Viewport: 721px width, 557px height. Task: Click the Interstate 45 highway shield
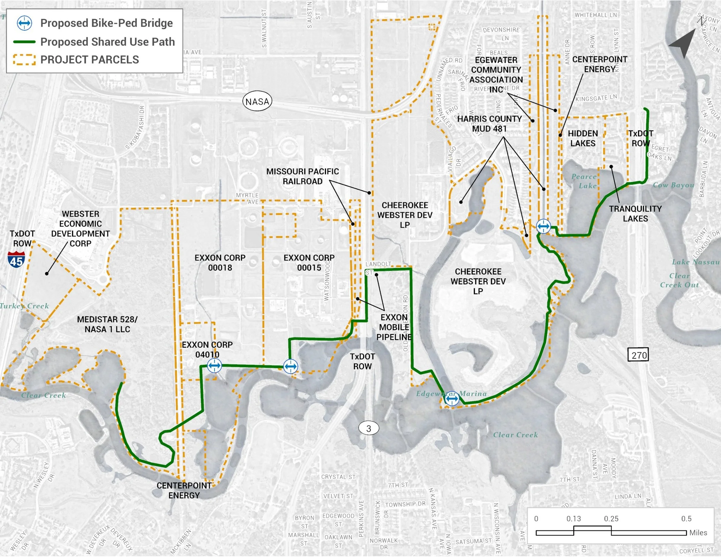[16, 259]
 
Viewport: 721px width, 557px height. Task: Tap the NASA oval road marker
[257, 101]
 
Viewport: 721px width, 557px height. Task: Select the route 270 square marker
[639, 355]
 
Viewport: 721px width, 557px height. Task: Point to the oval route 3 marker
[369, 429]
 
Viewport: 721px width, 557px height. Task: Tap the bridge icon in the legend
[24, 23]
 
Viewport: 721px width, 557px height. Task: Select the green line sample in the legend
[24, 42]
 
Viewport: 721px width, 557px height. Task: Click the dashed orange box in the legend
[24, 60]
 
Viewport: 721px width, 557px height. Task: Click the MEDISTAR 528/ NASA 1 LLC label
[107, 324]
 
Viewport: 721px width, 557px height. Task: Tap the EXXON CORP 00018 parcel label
[220, 262]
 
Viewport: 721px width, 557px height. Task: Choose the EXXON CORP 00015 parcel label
[309, 262]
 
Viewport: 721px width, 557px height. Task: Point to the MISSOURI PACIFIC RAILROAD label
[302, 176]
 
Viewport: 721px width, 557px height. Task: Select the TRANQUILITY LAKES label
[635, 214]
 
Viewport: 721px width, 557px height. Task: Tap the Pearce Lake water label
[585, 181]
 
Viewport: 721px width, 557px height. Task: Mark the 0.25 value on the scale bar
[611, 519]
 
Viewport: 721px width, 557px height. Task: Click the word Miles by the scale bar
[698, 533]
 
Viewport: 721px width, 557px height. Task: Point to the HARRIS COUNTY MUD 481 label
[489, 124]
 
